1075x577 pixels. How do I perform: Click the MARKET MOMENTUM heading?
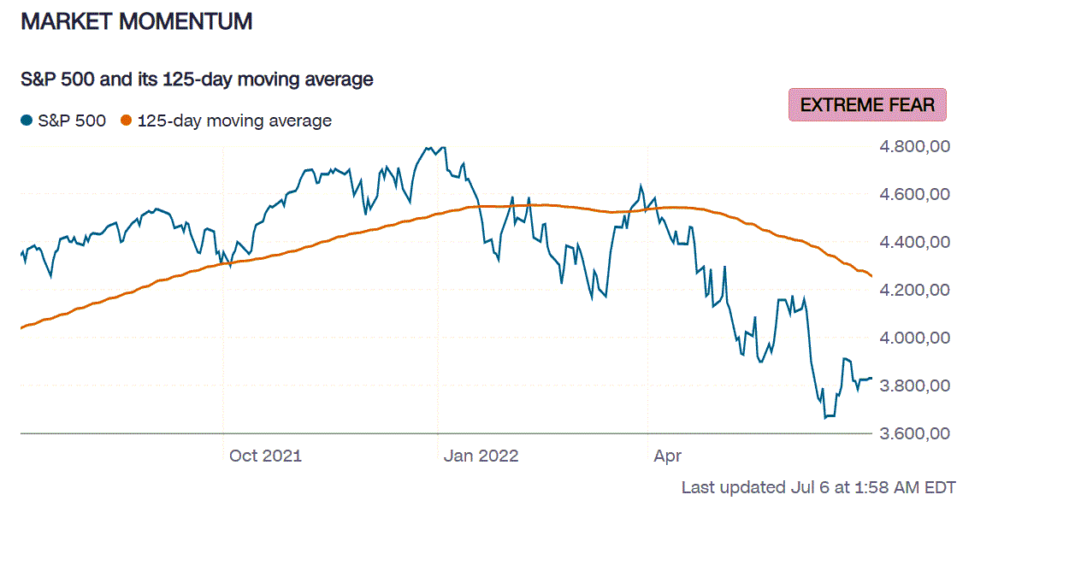(136, 22)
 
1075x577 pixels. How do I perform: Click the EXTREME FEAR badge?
(867, 104)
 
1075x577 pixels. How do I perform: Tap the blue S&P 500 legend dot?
(27, 121)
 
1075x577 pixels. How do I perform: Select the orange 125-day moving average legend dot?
(127, 121)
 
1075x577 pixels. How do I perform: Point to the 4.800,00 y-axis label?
(915, 147)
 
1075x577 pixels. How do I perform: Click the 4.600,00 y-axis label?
(915, 195)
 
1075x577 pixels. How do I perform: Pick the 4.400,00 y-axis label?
(915, 243)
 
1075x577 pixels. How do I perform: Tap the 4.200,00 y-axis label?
(915, 291)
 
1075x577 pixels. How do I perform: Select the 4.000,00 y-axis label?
(915, 339)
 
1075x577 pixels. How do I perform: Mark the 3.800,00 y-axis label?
(915, 386)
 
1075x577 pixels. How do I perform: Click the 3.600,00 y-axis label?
(915, 433)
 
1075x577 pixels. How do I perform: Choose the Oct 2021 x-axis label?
(265, 456)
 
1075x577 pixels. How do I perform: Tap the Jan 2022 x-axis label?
(481, 456)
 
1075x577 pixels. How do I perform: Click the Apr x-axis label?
(667, 456)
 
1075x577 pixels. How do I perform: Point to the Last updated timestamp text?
(818, 488)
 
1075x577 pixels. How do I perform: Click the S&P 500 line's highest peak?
(427, 147)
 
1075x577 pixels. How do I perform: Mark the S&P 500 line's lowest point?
(825, 418)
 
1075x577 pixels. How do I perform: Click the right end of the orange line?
(871, 276)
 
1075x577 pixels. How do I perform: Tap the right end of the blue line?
(871, 378)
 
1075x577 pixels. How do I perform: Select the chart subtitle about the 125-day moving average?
(197, 79)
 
